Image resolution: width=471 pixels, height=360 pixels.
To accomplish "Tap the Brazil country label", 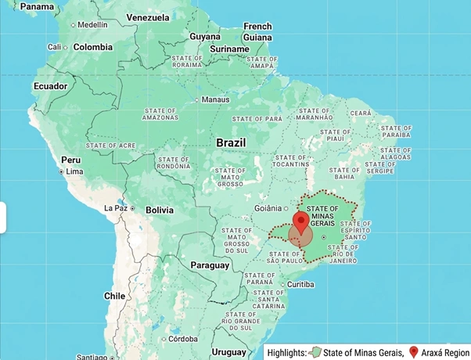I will (x=231, y=143).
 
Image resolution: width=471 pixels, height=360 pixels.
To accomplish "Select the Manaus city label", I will (x=215, y=100).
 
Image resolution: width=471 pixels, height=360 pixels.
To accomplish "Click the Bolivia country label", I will (x=159, y=210).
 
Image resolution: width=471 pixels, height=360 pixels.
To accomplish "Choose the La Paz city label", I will (x=117, y=209).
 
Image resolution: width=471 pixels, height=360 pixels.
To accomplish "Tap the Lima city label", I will (x=74, y=171).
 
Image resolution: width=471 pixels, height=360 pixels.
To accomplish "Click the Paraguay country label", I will (x=209, y=265).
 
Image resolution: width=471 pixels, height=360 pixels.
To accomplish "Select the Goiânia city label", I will (x=268, y=208).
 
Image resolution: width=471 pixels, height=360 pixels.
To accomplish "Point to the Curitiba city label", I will (x=300, y=284).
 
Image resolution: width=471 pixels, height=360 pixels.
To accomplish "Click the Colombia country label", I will (x=93, y=47).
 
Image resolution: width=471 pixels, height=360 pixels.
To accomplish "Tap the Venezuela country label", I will (x=148, y=17).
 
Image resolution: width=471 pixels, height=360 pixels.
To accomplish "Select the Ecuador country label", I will (x=50, y=86).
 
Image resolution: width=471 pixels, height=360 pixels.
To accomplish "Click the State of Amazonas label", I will (x=160, y=113).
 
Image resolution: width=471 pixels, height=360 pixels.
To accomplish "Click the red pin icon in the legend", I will (x=414, y=351).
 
